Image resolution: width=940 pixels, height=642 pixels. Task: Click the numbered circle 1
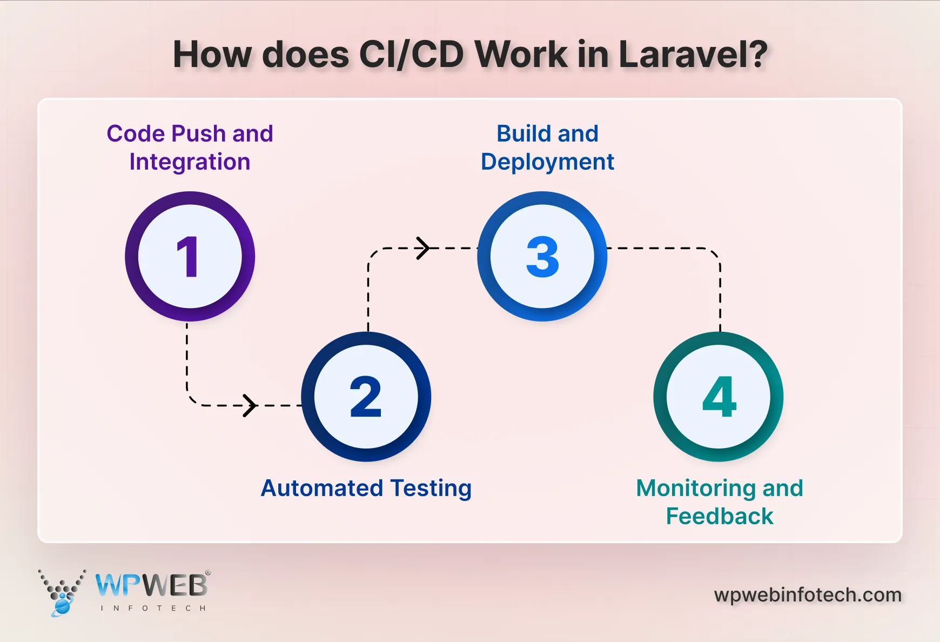pyautogui.click(x=190, y=256)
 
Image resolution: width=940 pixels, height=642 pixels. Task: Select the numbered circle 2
pyautogui.click(x=366, y=397)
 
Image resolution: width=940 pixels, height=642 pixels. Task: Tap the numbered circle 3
pyautogui.click(x=542, y=256)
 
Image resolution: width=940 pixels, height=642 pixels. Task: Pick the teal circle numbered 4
pyautogui.click(x=719, y=397)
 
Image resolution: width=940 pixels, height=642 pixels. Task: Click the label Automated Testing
pyautogui.click(x=366, y=488)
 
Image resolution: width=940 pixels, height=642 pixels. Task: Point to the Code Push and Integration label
pyautogui.click(x=190, y=148)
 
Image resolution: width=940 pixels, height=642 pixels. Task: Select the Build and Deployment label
pyautogui.click(x=547, y=148)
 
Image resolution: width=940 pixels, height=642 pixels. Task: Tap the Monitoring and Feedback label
pyautogui.click(x=720, y=502)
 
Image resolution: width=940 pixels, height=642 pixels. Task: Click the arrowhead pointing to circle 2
pyautogui.click(x=249, y=405)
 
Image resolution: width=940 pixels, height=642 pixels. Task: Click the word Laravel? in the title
pyautogui.click(x=693, y=55)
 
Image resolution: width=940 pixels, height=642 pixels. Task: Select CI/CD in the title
pyautogui.click(x=411, y=55)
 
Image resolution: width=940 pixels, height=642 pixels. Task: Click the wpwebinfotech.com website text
pyautogui.click(x=808, y=595)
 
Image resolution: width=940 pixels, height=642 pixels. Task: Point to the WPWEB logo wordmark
pyautogui.click(x=152, y=585)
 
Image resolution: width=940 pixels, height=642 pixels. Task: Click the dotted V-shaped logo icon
pyautogui.click(x=62, y=592)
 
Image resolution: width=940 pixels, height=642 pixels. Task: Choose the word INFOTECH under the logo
pyautogui.click(x=153, y=608)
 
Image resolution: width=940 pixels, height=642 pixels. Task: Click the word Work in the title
pyautogui.click(x=521, y=55)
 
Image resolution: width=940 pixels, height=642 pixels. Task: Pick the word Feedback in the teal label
pyautogui.click(x=720, y=516)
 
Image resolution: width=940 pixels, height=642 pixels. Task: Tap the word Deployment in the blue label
pyautogui.click(x=547, y=162)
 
